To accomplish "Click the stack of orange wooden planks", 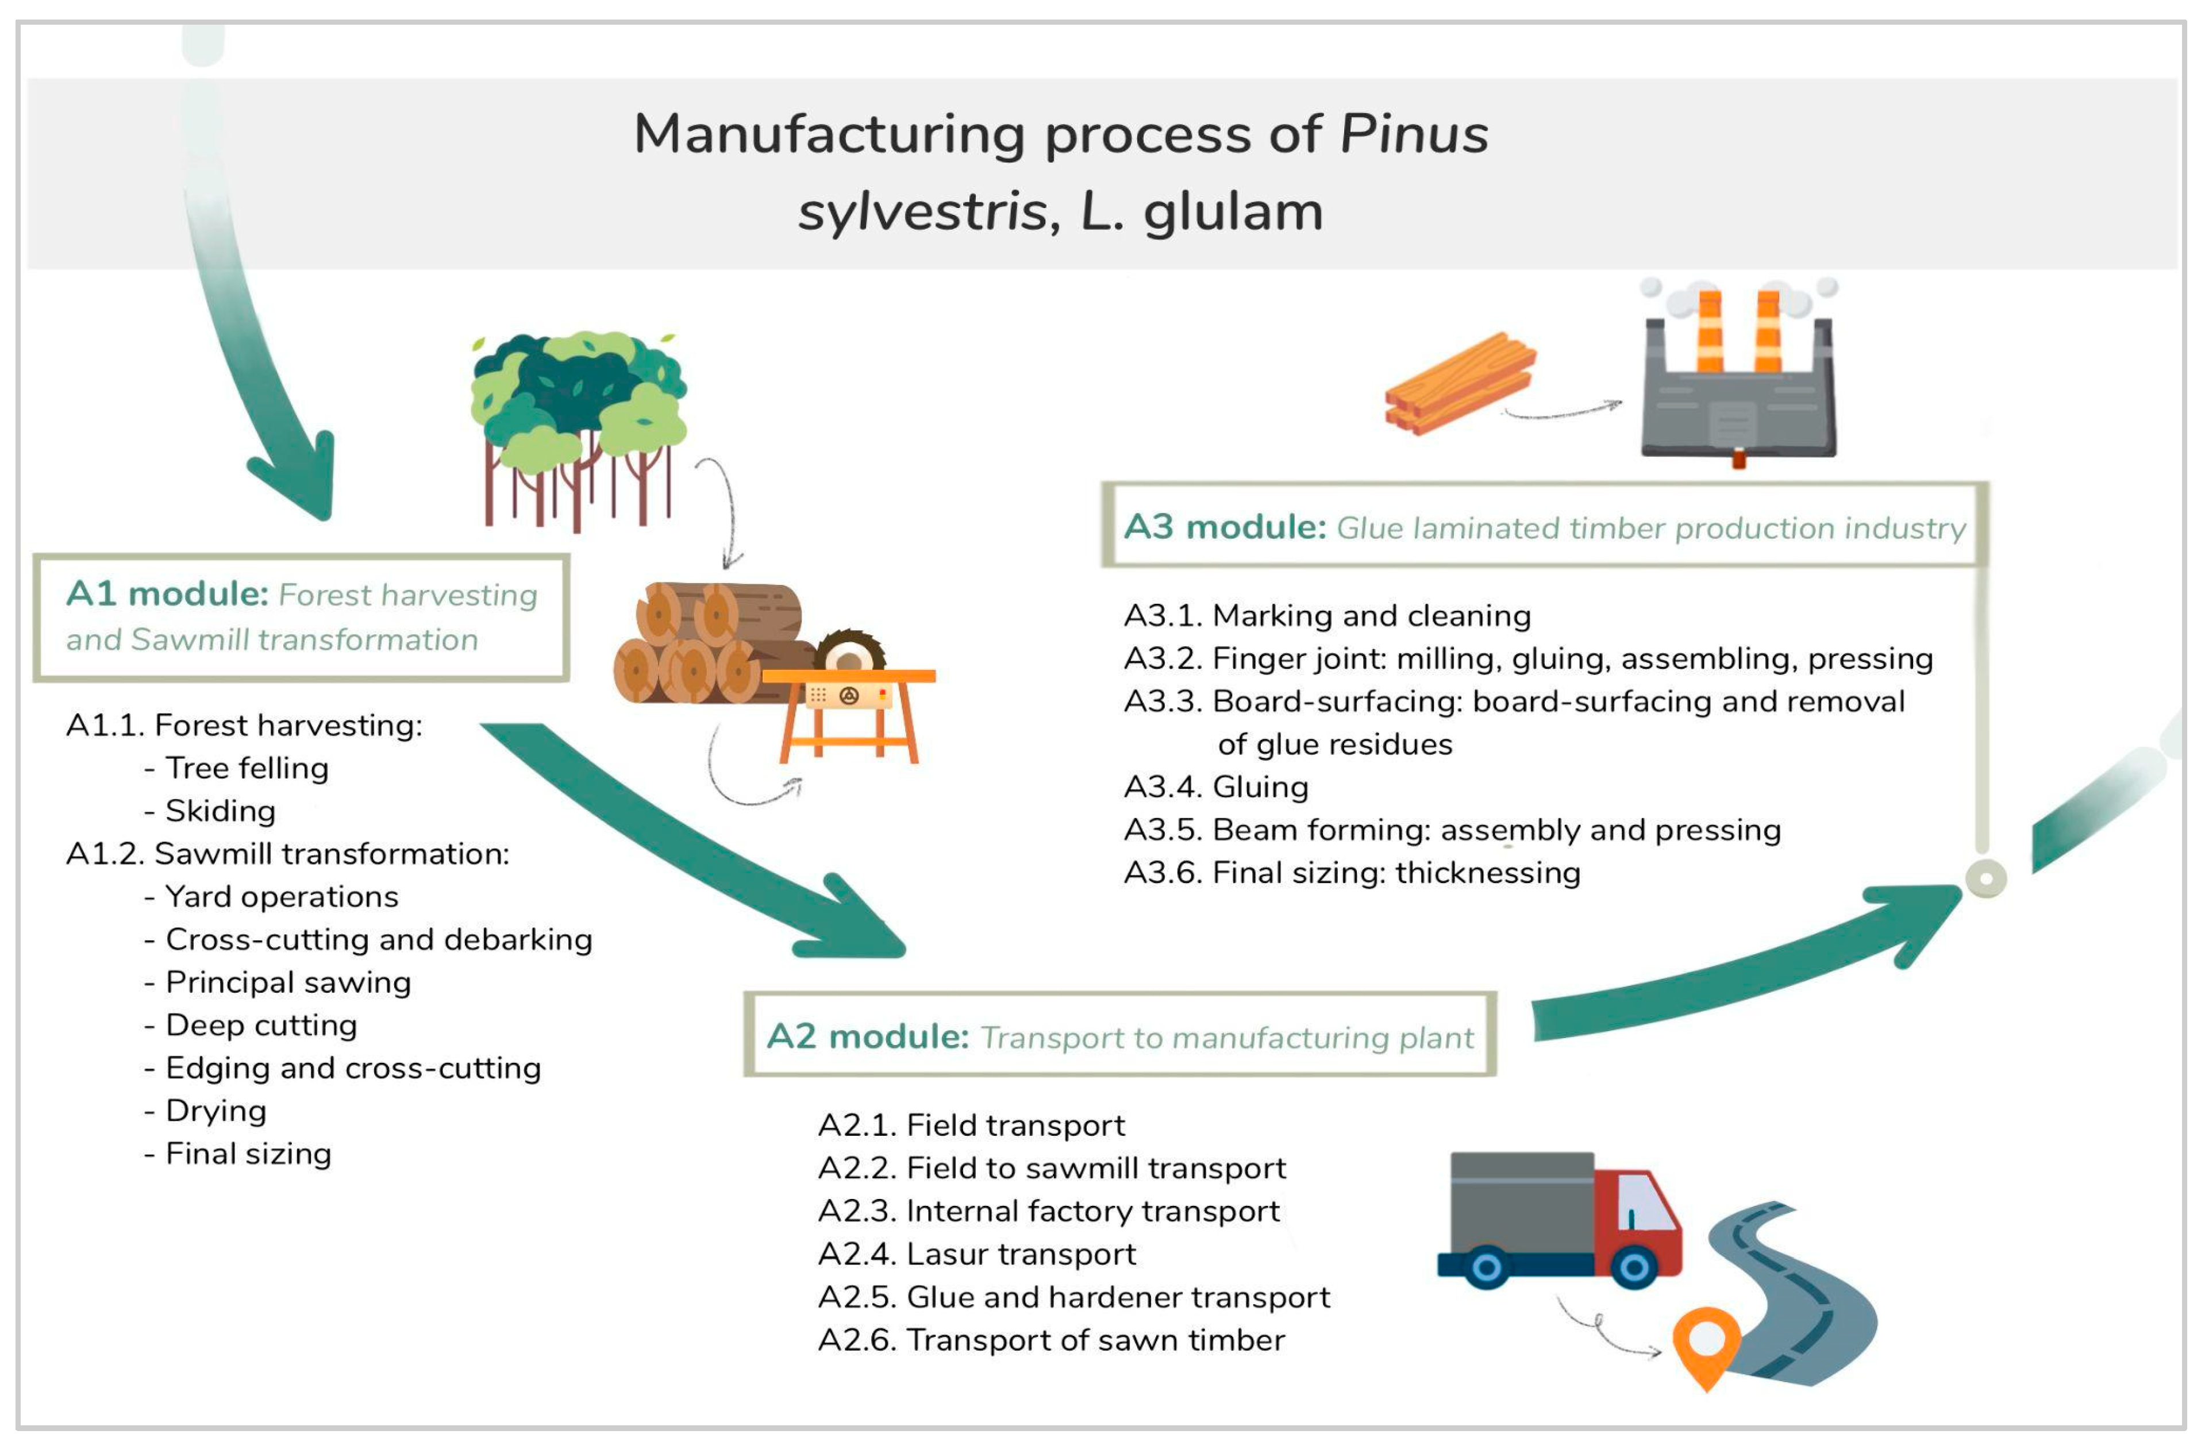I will point(1459,384).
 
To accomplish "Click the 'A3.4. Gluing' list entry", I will point(1216,787).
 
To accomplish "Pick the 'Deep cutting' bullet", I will point(261,1025).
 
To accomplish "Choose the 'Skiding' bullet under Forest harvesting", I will point(220,811).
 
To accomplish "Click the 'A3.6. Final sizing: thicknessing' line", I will point(1352,873).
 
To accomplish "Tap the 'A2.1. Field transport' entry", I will point(971,1125).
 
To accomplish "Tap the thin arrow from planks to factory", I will point(1563,411).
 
